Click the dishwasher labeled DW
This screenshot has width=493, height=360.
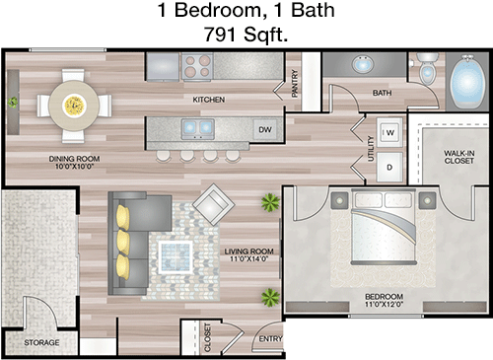pyautogui.click(x=265, y=130)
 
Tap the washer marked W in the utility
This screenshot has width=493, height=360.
pyautogui.click(x=389, y=132)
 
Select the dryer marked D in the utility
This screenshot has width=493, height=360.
pyautogui.click(x=389, y=167)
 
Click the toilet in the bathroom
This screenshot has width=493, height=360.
pyautogui.click(x=427, y=68)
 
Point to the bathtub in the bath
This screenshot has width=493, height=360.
pyautogui.click(x=467, y=82)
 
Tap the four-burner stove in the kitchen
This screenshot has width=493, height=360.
pyautogui.click(x=197, y=67)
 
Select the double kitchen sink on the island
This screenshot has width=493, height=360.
pyautogui.click(x=198, y=128)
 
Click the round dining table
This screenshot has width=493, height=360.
pyautogui.click(x=74, y=106)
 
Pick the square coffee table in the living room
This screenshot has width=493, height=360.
pyautogui.click(x=176, y=257)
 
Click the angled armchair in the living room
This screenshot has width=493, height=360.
pyautogui.click(x=213, y=204)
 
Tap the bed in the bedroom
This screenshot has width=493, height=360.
pyautogui.click(x=384, y=227)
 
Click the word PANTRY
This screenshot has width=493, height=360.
pyautogui.click(x=295, y=83)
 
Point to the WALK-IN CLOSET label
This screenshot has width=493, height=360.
pyautogui.click(x=458, y=157)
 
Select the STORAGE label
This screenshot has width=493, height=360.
pyautogui.click(x=41, y=342)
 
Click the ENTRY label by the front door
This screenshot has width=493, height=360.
pyautogui.click(x=270, y=338)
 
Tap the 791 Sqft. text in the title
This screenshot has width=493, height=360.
pyautogui.click(x=246, y=35)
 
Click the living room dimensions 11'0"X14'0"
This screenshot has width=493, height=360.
pyautogui.click(x=248, y=259)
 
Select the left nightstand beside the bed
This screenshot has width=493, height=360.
pyautogui.click(x=339, y=200)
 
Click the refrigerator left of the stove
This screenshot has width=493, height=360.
pyautogui.click(x=163, y=67)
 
